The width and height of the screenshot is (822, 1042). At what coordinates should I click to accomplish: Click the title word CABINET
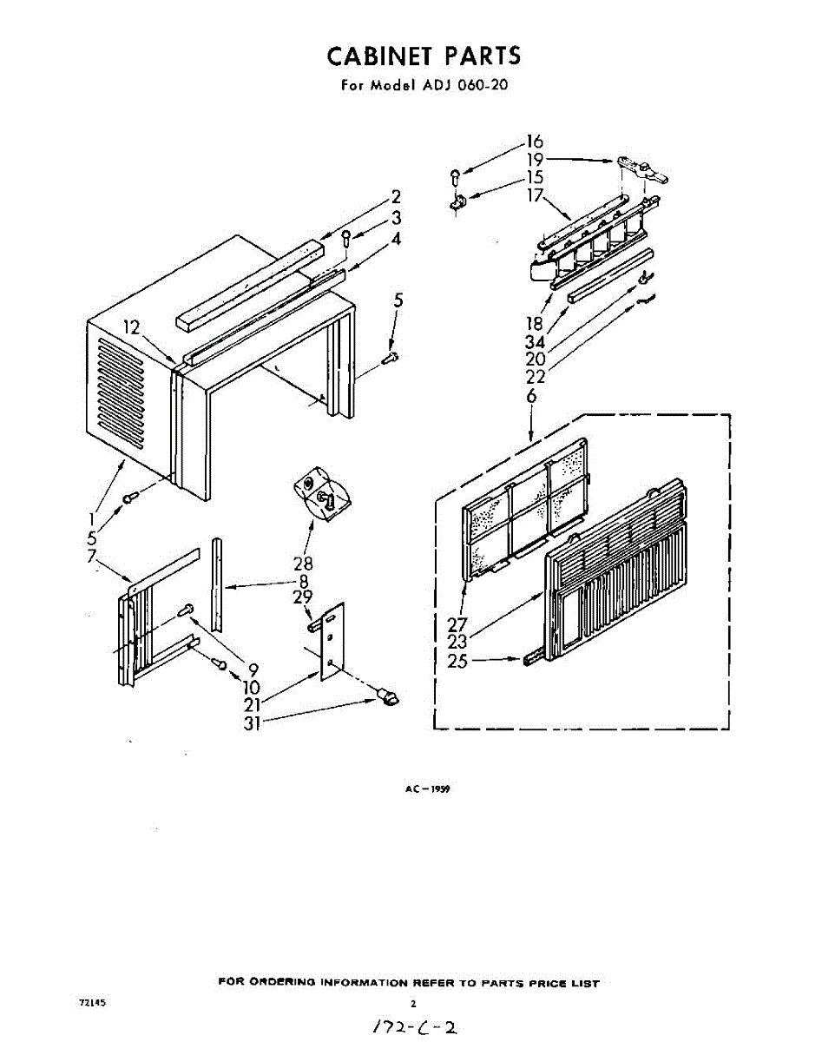click(x=381, y=56)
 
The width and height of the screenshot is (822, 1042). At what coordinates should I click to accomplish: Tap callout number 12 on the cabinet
click(x=131, y=327)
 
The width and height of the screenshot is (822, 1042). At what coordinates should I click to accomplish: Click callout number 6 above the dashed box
click(x=531, y=396)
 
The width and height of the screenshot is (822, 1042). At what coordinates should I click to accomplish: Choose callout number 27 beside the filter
click(x=457, y=623)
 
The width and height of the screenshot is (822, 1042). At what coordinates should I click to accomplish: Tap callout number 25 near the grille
click(x=457, y=661)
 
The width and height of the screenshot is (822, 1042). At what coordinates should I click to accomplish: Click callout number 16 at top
click(x=534, y=141)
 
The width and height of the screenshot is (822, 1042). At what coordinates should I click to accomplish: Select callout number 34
click(x=534, y=342)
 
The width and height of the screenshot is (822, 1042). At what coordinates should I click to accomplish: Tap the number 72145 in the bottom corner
click(x=92, y=1002)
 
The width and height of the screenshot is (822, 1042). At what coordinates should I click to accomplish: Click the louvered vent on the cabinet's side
click(x=122, y=391)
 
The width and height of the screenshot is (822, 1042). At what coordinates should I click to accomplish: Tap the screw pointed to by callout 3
click(x=346, y=237)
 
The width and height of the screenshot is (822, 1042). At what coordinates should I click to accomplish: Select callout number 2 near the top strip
click(x=395, y=196)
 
